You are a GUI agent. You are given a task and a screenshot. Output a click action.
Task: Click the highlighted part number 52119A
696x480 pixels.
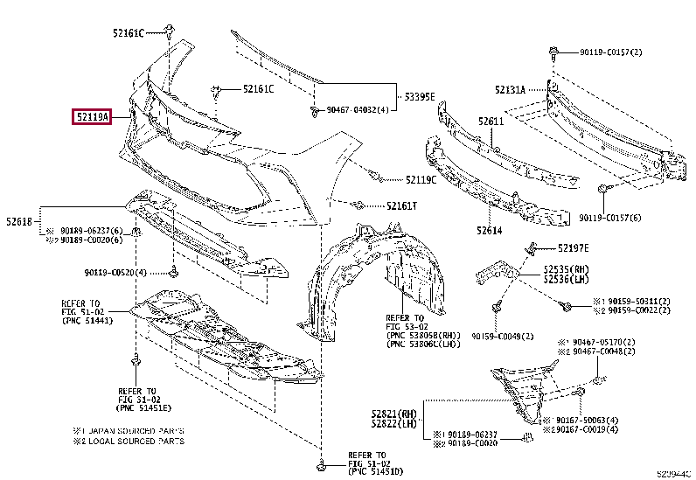(x=91, y=116)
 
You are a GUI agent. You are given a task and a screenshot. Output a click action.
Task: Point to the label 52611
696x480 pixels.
(x=491, y=122)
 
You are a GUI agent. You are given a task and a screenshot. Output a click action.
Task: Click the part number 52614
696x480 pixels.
(x=491, y=232)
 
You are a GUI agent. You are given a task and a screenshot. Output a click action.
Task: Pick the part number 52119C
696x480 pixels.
(x=421, y=180)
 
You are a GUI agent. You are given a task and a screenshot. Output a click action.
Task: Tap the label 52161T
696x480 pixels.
(x=402, y=206)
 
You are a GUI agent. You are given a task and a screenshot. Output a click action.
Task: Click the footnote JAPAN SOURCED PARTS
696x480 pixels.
(x=135, y=430)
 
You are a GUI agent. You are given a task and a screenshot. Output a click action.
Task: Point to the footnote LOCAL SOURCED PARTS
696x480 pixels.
(x=135, y=442)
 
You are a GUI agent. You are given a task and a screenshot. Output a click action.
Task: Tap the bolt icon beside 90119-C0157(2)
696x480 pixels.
(x=553, y=52)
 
